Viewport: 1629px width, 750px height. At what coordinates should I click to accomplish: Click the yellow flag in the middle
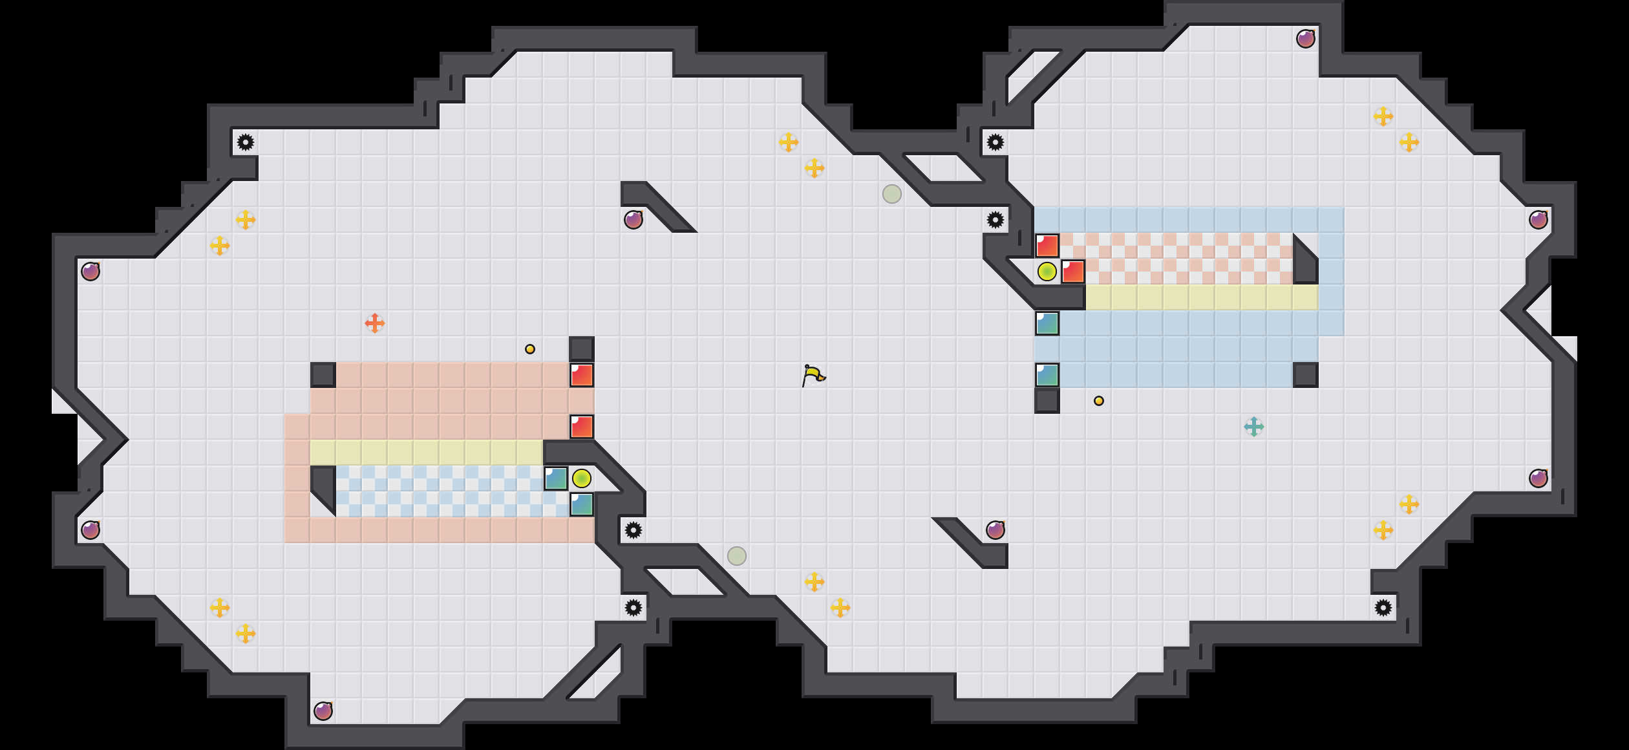pyautogui.click(x=813, y=375)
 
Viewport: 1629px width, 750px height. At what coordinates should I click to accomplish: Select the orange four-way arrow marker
pyautogui.click(x=375, y=323)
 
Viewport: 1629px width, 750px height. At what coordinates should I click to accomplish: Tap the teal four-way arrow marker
pyautogui.click(x=1253, y=427)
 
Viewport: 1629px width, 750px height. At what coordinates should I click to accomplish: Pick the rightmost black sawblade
pyautogui.click(x=1383, y=608)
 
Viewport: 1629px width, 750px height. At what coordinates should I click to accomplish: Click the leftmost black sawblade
pyautogui.click(x=246, y=142)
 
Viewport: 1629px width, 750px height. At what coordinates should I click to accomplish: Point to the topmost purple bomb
pyautogui.click(x=1305, y=39)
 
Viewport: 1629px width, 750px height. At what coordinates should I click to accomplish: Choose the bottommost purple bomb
pyautogui.click(x=323, y=711)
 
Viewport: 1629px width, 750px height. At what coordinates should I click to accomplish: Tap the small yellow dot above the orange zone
pyautogui.click(x=530, y=349)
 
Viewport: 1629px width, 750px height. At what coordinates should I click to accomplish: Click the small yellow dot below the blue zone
pyautogui.click(x=1098, y=401)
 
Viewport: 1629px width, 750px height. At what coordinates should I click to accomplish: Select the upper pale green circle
pyautogui.click(x=891, y=194)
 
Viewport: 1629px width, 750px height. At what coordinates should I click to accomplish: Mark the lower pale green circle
pyautogui.click(x=737, y=556)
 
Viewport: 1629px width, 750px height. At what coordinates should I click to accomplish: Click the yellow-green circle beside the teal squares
pyautogui.click(x=581, y=478)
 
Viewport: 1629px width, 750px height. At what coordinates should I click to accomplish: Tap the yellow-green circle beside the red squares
pyautogui.click(x=1047, y=272)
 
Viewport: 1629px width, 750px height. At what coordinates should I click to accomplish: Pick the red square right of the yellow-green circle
pyautogui.click(x=1073, y=272)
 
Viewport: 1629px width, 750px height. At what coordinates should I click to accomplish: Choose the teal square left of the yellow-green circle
pyautogui.click(x=556, y=478)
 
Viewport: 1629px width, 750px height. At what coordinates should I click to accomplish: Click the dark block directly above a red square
pyautogui.click(x=581, y=349)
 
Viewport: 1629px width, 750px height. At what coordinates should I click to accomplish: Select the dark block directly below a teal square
pyautogui.click(x=1047, y=401)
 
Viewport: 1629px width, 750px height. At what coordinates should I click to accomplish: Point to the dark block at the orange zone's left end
pyautogui.click(x=323, y=375)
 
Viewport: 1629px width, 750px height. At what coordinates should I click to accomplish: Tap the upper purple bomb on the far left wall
pyautogui.click(x=90, y=272)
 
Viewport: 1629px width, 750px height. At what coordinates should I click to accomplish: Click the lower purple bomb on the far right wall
pyautogui.click(x=1538, y=478)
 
